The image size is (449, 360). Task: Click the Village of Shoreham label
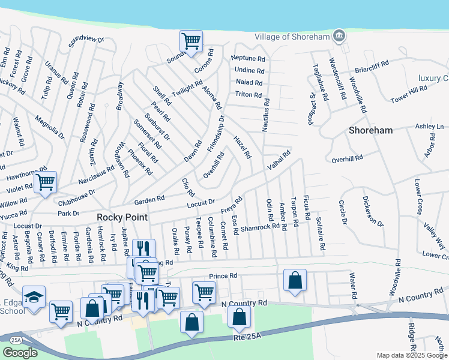(x=292, y=37)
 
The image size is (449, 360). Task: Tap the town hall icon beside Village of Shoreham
(x=339, y=37)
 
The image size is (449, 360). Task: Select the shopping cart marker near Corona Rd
(x=191, y=41)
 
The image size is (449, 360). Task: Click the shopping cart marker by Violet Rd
(x=45, y=182)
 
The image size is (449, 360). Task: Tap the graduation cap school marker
(x=34, y=297)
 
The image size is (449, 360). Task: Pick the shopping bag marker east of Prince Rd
(x=295, y=280)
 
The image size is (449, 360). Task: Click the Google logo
(x=20, y=353)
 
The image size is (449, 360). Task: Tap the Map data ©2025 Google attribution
(x=411, y=355)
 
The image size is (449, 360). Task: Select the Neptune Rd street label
(x=248, y=59)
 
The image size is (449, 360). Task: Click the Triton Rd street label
(x=248, y=95)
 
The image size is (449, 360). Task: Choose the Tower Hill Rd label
(x=408, y=94)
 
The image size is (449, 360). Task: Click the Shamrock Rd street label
(x=261, y=226)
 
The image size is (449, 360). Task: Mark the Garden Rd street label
(x=149, y=200)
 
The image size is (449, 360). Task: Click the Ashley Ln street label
(x=429, y=127)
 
